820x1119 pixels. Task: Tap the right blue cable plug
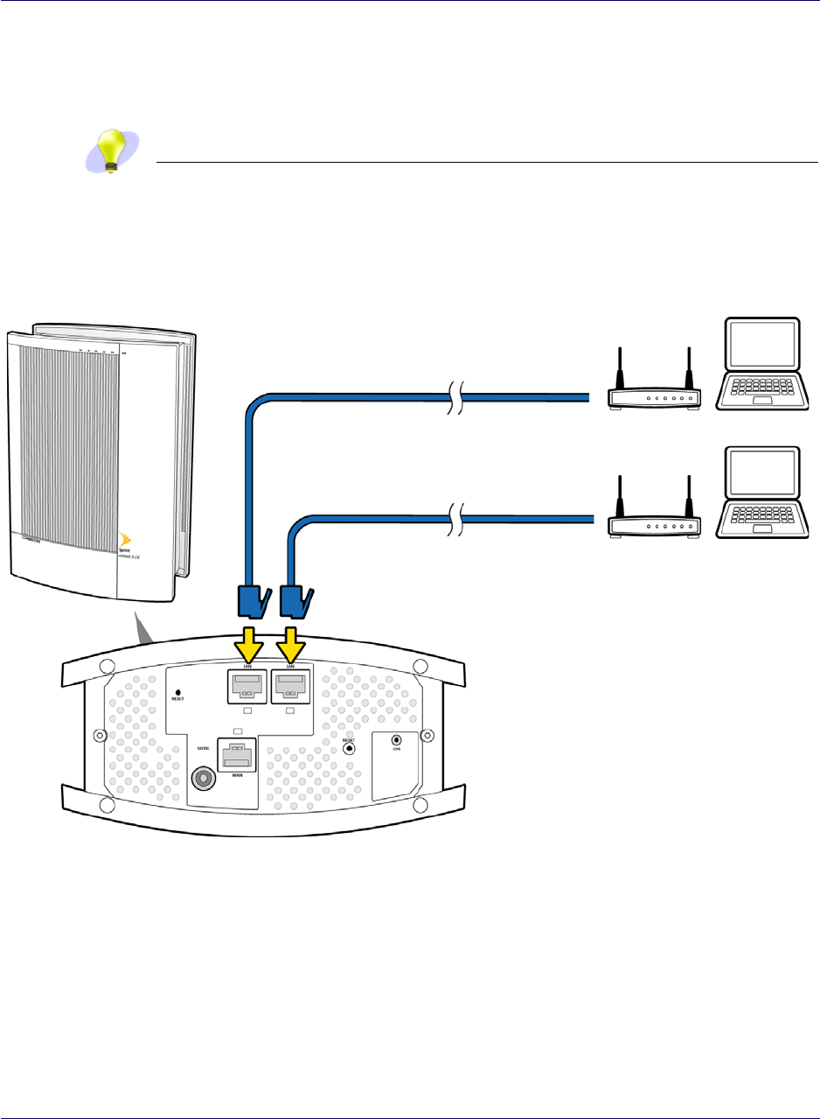[294, 601]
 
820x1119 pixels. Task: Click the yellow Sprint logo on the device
[122, 535]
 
